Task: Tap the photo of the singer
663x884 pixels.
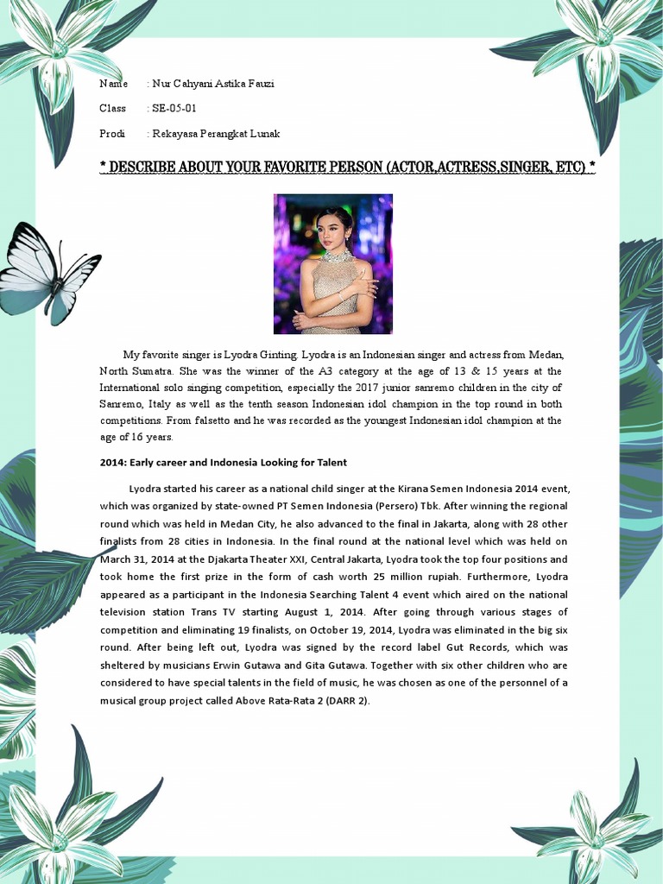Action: point(332,263)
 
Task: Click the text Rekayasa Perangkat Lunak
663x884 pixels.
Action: point(216,134)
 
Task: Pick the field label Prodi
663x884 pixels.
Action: point(112,134)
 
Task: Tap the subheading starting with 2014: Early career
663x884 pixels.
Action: point(223,463)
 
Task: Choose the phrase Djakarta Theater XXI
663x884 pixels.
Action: point(248,559)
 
